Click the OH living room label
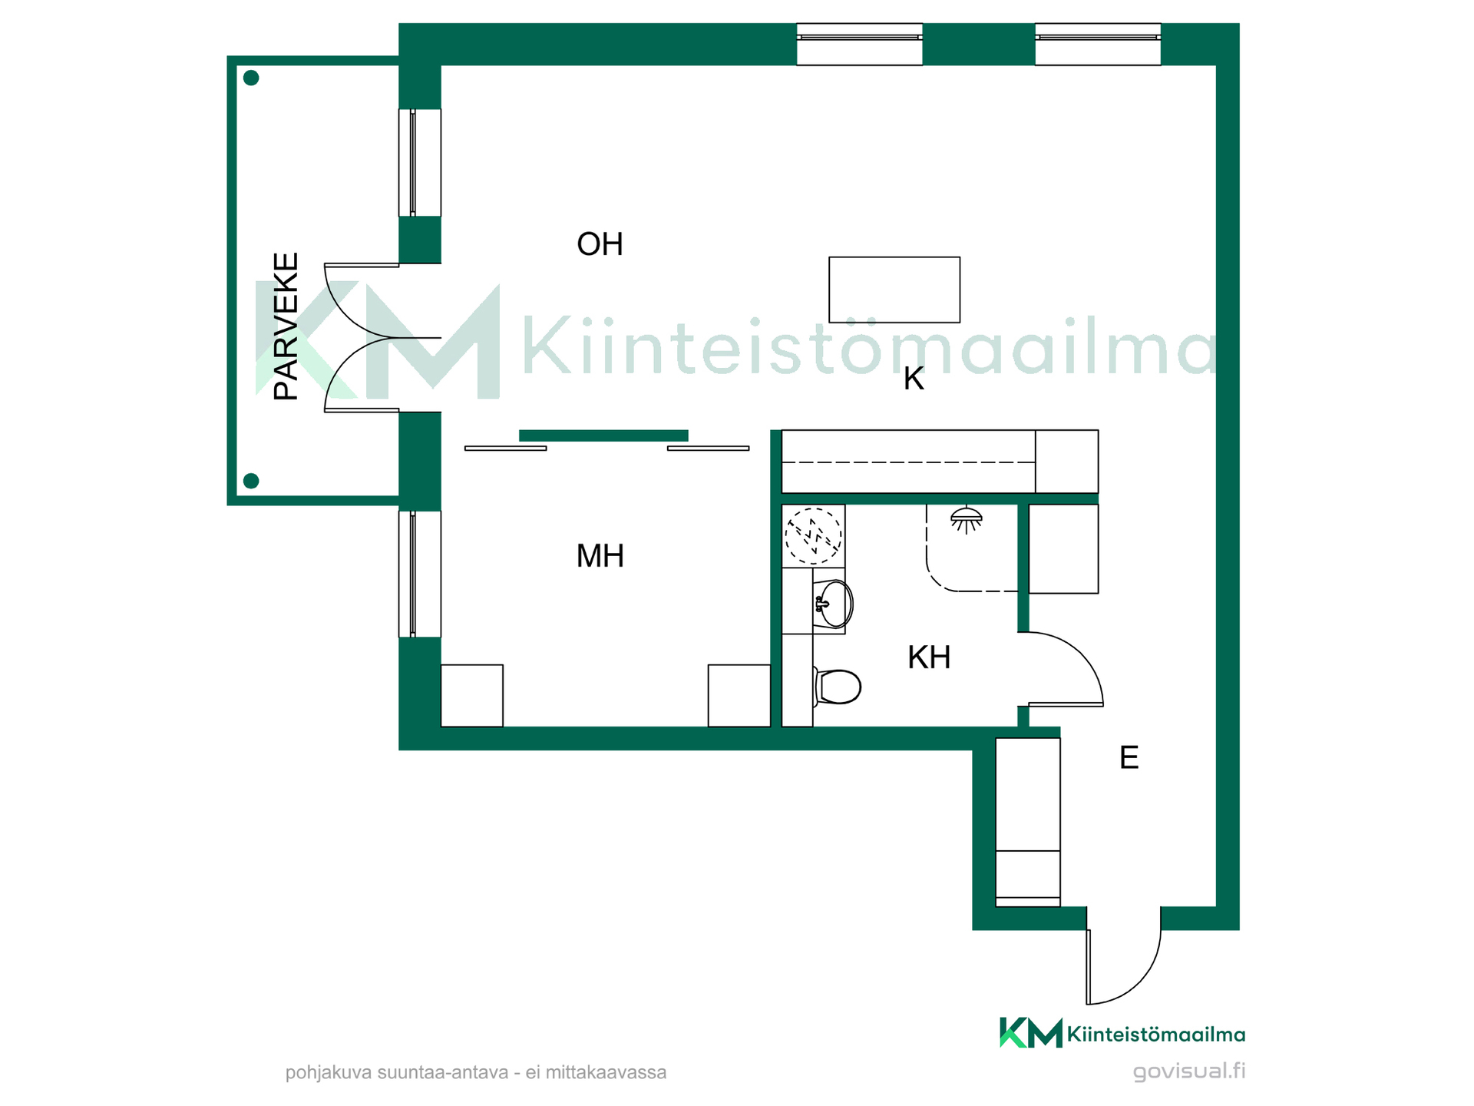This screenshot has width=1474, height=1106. click(600, 244)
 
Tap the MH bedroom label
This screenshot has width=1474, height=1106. click(600, 556)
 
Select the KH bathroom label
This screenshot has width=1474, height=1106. click(929, 657)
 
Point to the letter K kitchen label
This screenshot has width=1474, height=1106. click(914, 379)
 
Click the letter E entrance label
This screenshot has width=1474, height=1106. click(1129, 758)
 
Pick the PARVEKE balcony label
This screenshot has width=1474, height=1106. click(286, 326)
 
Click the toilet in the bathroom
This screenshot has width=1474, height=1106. click(838, 687)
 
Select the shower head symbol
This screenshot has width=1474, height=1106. click(966, 520)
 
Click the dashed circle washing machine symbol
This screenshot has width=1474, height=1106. click(813, 536)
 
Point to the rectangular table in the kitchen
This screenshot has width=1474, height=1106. click(894, 290)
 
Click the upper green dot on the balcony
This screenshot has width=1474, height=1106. click(251, 78)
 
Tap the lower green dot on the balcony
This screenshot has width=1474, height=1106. click(251, 481)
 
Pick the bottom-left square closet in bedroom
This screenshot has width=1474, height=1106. click(472, 696)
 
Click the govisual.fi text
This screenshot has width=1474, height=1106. click(1189, 1071)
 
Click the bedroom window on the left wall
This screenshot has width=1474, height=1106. click(420, 574)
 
